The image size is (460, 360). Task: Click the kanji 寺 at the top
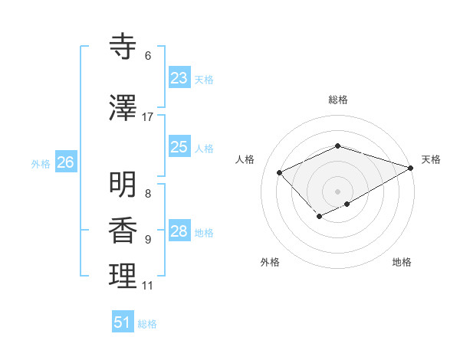(123, 48)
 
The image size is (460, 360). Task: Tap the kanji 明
(123, 185)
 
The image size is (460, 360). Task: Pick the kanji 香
(123, 231)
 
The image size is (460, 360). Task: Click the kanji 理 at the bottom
(123, 277)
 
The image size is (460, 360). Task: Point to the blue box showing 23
(179, 78)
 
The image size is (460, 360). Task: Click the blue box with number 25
(179, 147)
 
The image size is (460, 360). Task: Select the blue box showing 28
(179, 231)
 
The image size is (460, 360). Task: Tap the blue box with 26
(65, 162)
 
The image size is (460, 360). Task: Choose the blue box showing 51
(123, 322)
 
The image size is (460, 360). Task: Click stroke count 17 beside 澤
(148, 117)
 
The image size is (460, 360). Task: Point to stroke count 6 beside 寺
(148, 56)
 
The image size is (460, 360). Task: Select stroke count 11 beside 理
(148, 286)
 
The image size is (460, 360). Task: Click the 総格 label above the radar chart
(338, 100)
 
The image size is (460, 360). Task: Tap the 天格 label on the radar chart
(432, 159)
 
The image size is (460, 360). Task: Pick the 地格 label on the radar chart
(402, 262)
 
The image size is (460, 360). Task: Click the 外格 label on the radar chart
(270, 262)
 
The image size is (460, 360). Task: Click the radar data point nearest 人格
(280, 172)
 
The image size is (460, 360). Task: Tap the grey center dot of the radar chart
(338, 191)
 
